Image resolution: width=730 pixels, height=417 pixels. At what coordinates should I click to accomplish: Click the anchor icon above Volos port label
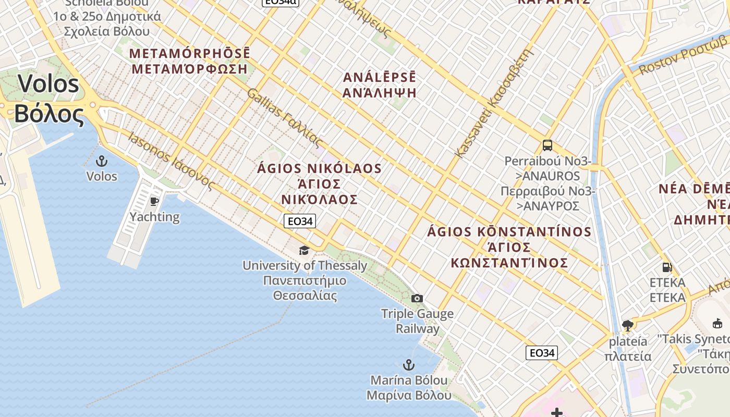coord(102,161)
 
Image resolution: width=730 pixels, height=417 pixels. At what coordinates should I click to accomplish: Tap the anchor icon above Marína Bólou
coord(409,364)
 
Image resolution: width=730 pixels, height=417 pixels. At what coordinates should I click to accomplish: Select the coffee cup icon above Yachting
coord(154,201)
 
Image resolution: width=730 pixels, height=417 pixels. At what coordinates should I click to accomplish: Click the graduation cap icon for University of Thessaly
coord(304,251)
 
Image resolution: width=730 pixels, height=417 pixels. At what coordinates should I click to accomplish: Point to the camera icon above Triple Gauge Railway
coord(417,298)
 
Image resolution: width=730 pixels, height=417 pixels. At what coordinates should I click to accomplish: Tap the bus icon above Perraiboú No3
coord(547,145)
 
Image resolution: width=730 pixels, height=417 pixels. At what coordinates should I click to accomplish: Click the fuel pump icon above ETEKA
coord(667,267)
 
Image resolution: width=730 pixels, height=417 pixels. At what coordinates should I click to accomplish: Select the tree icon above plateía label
coord(628,326)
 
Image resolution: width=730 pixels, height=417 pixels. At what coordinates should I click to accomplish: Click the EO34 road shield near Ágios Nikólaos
coord(300,221)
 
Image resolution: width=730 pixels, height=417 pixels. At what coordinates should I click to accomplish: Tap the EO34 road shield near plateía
coord(542,353)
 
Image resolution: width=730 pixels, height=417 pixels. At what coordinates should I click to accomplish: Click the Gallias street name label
coord(285,118)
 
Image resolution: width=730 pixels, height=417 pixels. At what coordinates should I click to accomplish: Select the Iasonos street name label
coord(172,162)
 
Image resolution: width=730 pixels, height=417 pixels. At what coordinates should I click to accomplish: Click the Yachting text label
coord(154,217)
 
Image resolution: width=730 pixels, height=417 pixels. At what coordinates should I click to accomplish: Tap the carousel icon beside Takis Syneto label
coord(717,324)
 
